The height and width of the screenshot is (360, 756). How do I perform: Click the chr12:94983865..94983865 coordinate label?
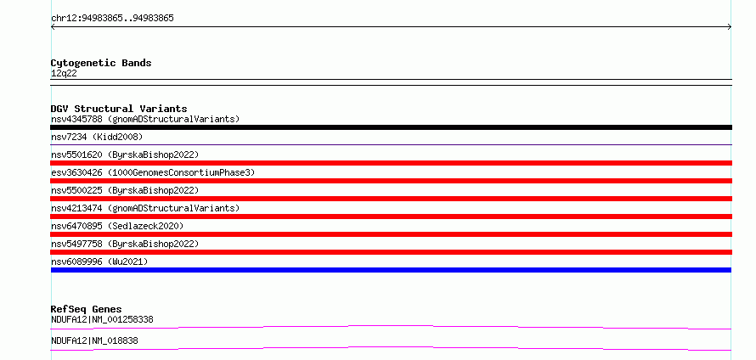pyautogui.click(x=112, y=19)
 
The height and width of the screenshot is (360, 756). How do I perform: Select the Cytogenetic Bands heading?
pyautogui.click(x=101, y=63)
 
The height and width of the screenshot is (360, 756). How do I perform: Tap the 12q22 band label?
pyautogui.click(x=64, y=74)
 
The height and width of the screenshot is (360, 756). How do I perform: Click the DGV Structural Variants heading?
pyautogui.click(x=119, y=109)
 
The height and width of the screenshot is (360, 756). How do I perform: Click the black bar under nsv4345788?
pyautogui.click(x=391, y=127)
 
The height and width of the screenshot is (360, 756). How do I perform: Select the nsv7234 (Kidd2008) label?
pyautogui.click(x=97, y=138)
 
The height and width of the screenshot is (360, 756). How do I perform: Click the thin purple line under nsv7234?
pyautogui.click(x=391, y=144)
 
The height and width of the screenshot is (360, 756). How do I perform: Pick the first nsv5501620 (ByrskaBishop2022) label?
pyautogui.click(x=125, y=155)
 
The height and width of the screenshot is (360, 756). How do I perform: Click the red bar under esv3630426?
pyautogui.click(x=391, y=181)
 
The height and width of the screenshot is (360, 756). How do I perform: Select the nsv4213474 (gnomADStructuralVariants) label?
pyautogui.click(x=145, y=208)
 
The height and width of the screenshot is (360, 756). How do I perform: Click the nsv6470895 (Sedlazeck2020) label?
pyautogui.click(x=117, y=226)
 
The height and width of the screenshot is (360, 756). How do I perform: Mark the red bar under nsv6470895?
pyautogui.click(x=391, y=234)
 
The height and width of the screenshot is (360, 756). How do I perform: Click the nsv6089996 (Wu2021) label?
pyautogui.click(x=99, y=262)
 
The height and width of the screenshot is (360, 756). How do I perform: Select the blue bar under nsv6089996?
pyautogui.click(x=391, y=270)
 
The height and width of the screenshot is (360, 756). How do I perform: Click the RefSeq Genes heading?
pyautogui.click(x=87, y=309)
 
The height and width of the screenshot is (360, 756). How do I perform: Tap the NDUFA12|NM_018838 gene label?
pyautogui.click(x=94, y=340)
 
